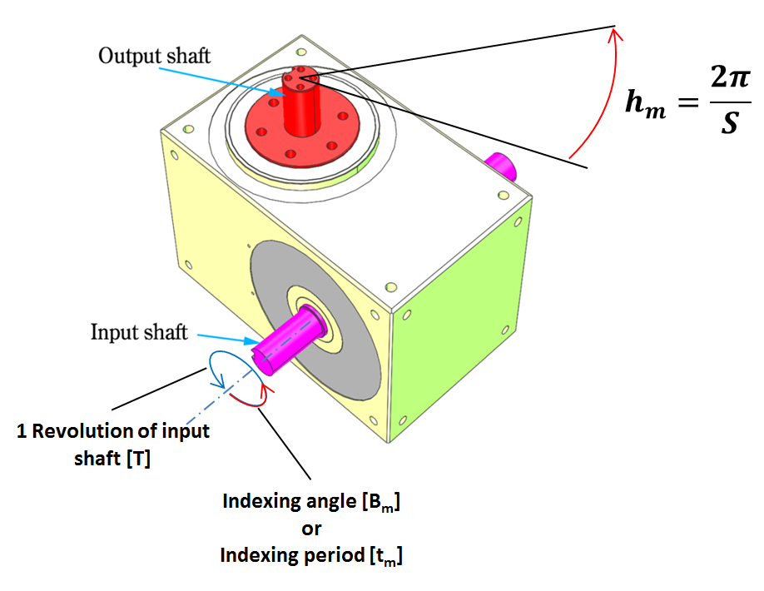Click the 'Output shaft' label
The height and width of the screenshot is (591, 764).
pyautogui.click(x=154, y=56)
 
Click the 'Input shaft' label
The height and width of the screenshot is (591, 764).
pyautogui.click(x=139, y=332)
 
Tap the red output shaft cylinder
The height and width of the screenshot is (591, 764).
pyautogui.click(x=300, y=108)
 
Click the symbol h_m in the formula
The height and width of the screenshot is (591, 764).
pyautogui.click(x=645, y=106)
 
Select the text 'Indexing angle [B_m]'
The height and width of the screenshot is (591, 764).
pyautogui.click(x=311, y=503)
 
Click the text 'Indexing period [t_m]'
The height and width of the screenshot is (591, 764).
pyautogui.click(x=311, y=555)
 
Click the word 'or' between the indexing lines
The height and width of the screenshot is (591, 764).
pyautogui.click(x=311, y=529)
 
